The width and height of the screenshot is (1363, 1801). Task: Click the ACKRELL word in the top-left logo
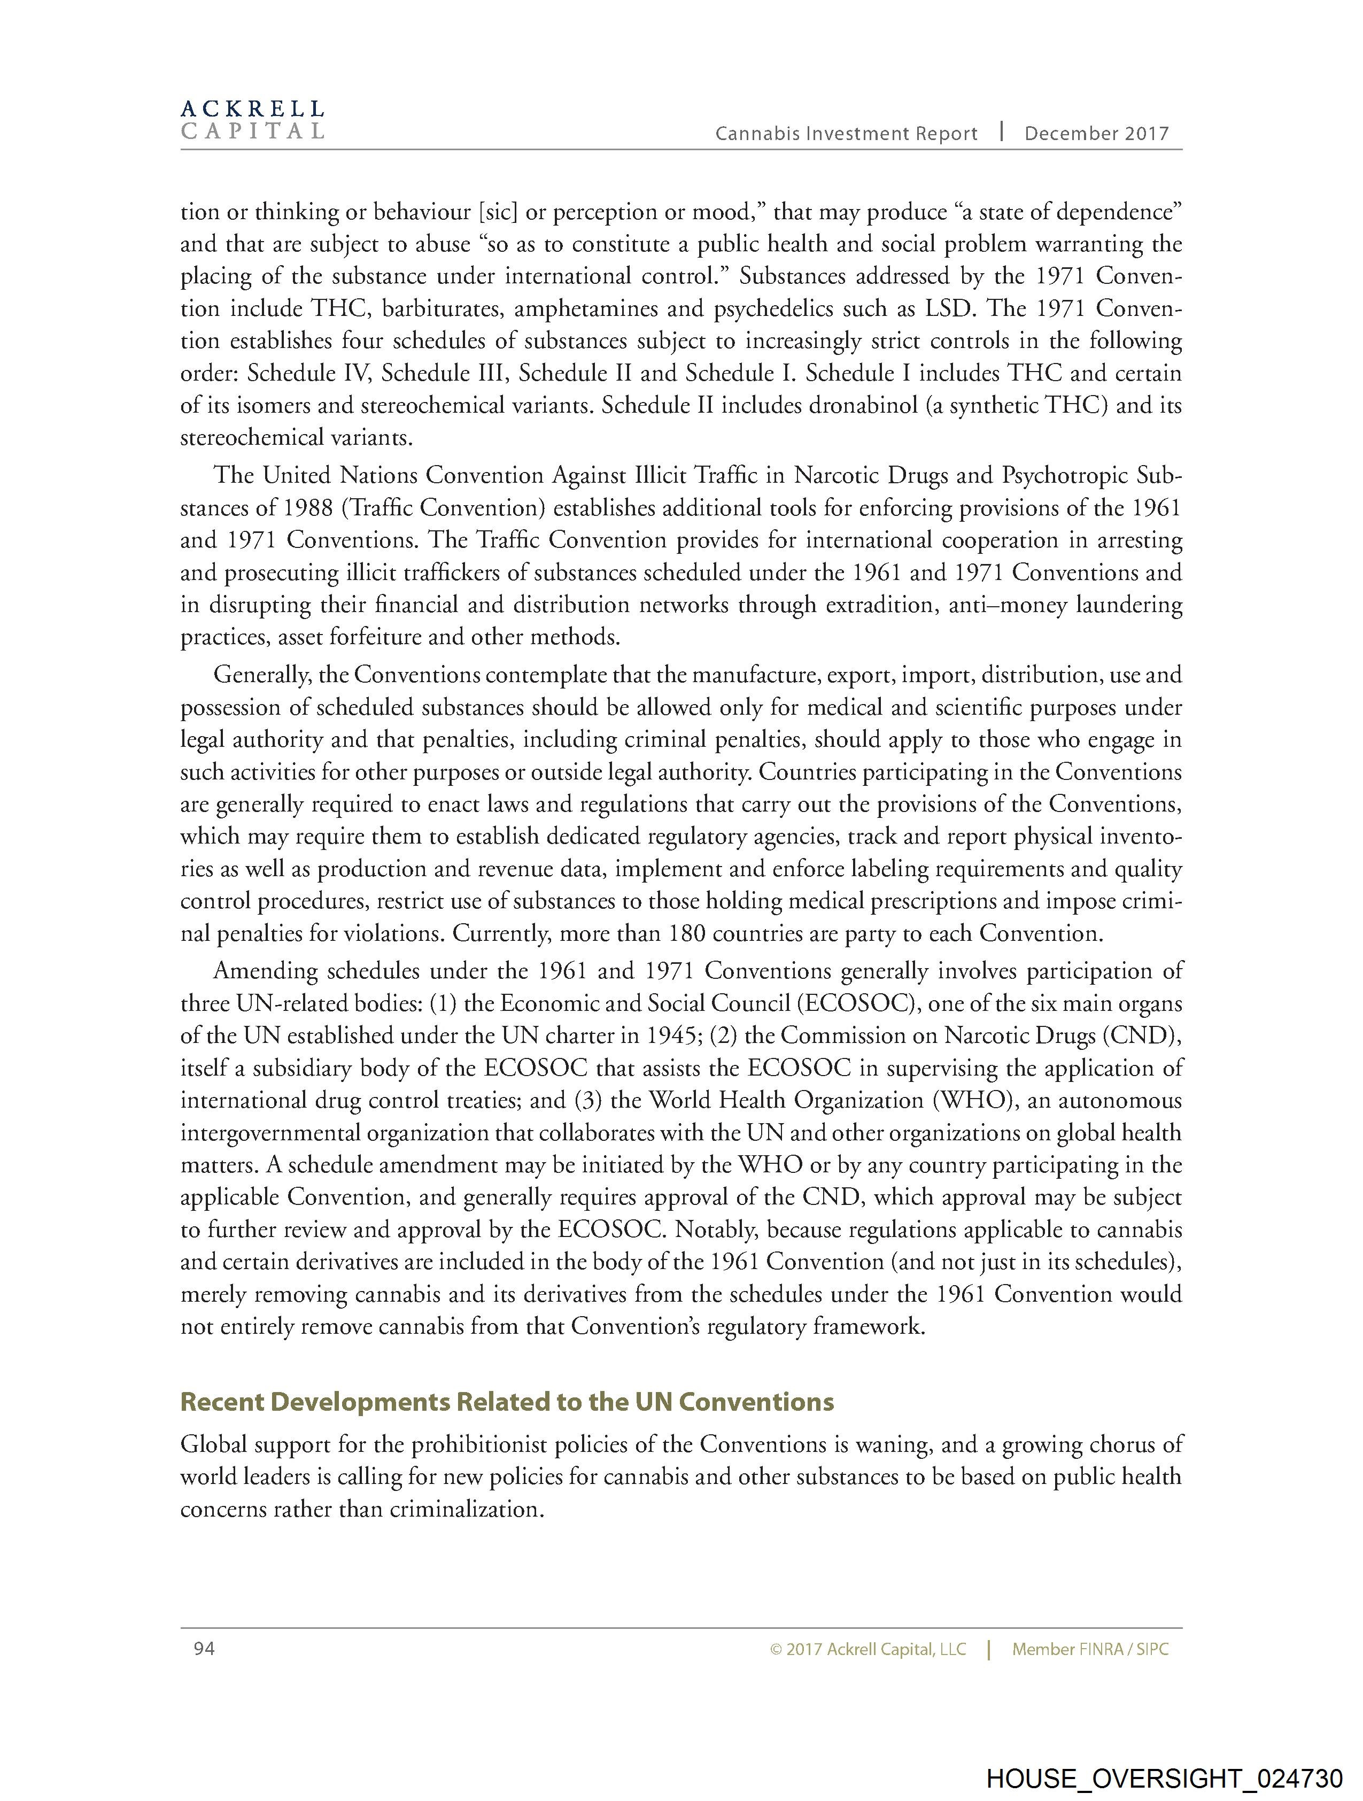coord(252,109)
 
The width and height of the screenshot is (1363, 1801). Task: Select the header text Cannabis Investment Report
coord(846,134)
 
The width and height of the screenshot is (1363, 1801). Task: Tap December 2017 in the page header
coord(1096,134)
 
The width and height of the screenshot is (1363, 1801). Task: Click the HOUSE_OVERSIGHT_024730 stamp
coord(1164,1777)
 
